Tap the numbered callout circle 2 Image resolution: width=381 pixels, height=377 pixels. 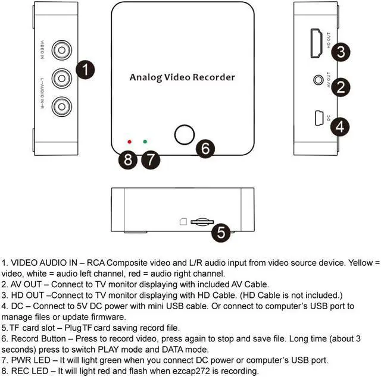[340, 87]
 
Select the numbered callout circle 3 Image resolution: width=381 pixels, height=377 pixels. [340, 51]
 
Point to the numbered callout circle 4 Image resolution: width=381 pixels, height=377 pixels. [340, 126]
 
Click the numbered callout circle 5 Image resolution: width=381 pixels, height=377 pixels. [221, 232]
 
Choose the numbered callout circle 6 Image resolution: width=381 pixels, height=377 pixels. [205, 148]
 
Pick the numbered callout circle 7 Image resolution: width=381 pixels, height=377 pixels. [152, 159]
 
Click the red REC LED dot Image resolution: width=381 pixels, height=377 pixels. [129, 142]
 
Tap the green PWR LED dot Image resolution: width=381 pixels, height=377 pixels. [145, 142]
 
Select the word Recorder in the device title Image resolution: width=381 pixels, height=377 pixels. [214, 77]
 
